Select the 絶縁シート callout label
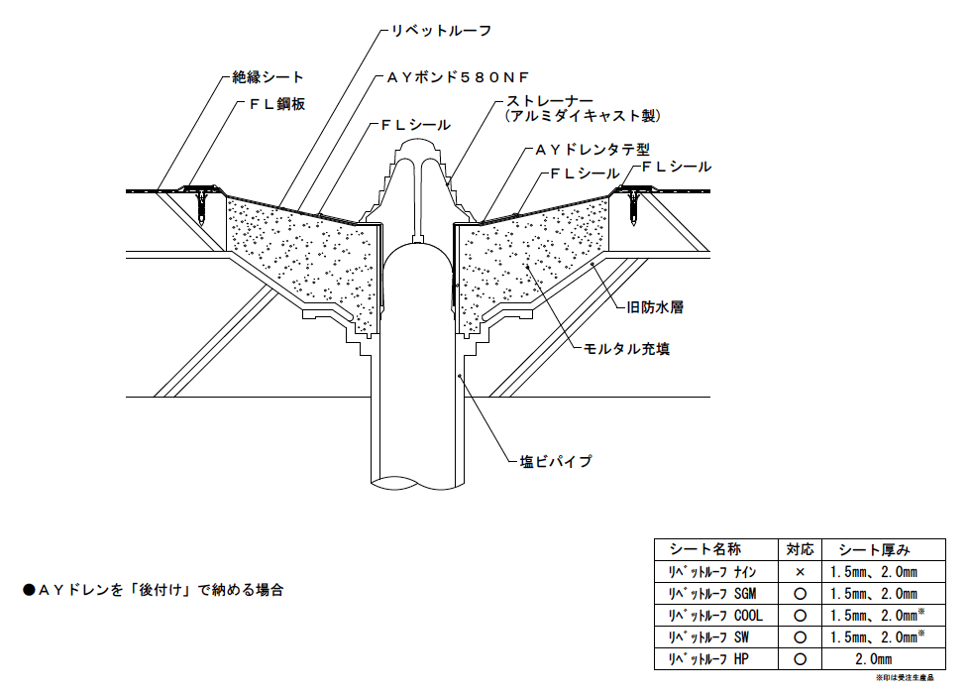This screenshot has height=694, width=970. (267, 76)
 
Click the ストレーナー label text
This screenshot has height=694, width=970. (550, 101)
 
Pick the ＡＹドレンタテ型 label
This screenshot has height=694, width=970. (592, 150)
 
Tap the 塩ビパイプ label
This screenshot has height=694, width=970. (556, 461)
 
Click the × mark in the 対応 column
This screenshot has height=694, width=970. (800, 572)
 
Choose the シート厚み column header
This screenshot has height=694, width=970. (874, 549)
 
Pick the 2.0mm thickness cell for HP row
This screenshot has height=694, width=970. (873, 658)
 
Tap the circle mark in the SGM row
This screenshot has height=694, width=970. (800, 594)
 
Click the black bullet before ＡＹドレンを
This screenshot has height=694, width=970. (29, 590)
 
